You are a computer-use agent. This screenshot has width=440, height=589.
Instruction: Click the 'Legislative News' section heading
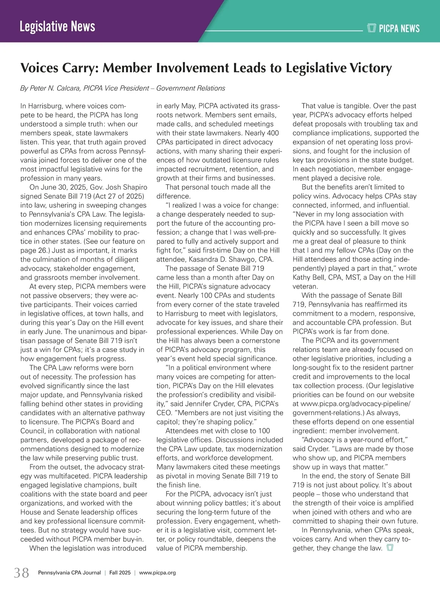(x=58, y=27)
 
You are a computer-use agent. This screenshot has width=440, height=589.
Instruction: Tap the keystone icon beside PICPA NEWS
(x=372, y=28)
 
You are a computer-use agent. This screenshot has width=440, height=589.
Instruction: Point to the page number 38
(x=22, y=572)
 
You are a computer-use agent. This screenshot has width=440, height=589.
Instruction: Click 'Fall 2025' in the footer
(x=120, y=573)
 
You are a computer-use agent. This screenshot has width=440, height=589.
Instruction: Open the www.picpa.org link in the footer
(x=158, y=573)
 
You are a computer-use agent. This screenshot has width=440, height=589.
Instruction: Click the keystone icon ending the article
(x=390, y=548)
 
